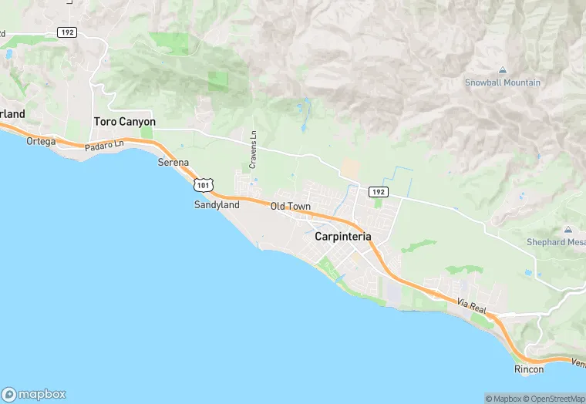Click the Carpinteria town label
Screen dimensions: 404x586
click(x=343, y=237)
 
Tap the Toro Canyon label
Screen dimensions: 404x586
click(x=124, y=122)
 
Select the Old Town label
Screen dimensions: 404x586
click(x=290, y=206)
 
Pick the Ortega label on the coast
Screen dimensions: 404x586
click(x=41, y=141)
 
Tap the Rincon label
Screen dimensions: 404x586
click(x=529, y=369)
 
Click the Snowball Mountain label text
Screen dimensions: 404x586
click(x=503, y=82)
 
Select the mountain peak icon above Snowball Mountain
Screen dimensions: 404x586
click(x=503, y=71)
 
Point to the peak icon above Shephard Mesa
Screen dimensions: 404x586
click(x=568, y=230)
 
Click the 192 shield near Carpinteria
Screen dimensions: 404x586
click(x=377, y=191)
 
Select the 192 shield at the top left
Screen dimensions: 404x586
click(x=66, y=32)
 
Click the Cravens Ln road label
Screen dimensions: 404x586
click(x=253, y=150)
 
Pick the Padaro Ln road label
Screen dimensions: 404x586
click(x=104, y=144)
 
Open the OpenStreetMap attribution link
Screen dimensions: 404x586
click(x=554, y=399)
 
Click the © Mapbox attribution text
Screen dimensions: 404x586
click(x=503, y=399)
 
